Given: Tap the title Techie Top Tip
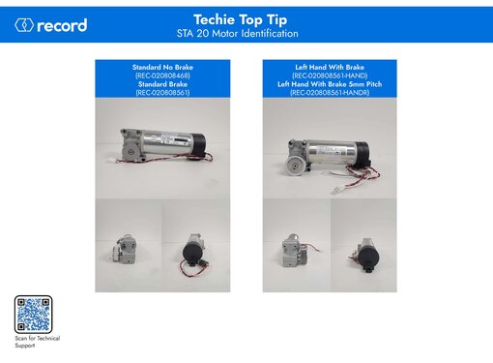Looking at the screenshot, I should [x=246, y=18].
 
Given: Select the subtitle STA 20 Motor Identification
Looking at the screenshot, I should [x=246, y=33].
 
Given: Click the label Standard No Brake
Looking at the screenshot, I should [x=162, y=66].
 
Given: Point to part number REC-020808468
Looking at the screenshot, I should [x=162, y=75].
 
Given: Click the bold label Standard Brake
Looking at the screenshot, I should [x=162, y=83].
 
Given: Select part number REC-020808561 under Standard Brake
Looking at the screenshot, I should [x=162, y=92].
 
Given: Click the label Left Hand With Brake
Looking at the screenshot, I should [x=330, y=66].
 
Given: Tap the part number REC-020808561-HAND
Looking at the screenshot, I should [x=330, y=75].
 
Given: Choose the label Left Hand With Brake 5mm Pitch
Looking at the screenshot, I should [x=330, y=83].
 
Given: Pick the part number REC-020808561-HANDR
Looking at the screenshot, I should [x=330, y=92].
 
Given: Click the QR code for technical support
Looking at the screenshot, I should [x=33, y=314].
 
